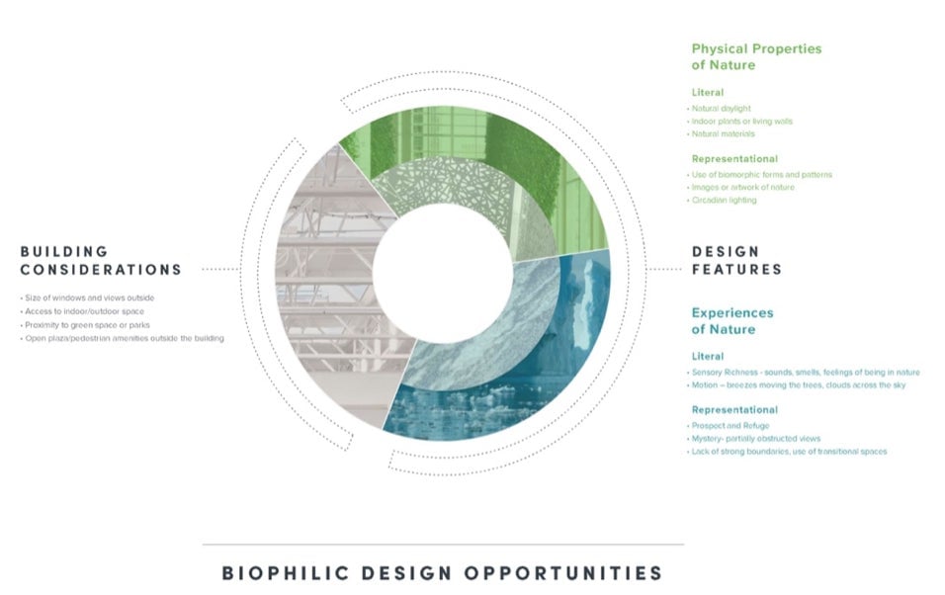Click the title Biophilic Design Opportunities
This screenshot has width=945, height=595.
(443, 572)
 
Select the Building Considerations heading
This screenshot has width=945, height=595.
(101, 260)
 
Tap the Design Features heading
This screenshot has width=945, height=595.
(736, 260)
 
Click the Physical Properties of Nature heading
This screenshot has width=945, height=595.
(756, 56)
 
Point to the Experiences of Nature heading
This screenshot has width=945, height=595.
(732, 320)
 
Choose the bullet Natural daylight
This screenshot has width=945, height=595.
(721, 109)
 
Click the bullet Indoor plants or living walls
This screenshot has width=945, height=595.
(741, 122)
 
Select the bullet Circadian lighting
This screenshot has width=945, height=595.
(724, 200)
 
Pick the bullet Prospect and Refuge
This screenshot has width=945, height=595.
(730, 426)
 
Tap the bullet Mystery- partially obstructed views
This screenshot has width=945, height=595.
(755, 438)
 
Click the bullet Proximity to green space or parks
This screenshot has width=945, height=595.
(87, 325)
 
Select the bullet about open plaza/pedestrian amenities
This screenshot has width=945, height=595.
(124, 338)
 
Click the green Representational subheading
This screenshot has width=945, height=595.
(734, 158)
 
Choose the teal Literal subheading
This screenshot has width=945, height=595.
(708, 356)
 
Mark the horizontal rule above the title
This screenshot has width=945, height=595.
(443, 545)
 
